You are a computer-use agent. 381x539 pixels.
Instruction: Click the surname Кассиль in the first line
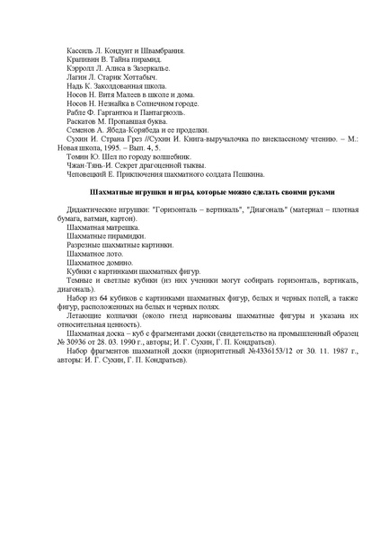tap(80, 44)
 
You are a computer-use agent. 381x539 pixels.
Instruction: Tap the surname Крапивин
tap(83, 56)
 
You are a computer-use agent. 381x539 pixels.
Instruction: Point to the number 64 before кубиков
tap(105, 359)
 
